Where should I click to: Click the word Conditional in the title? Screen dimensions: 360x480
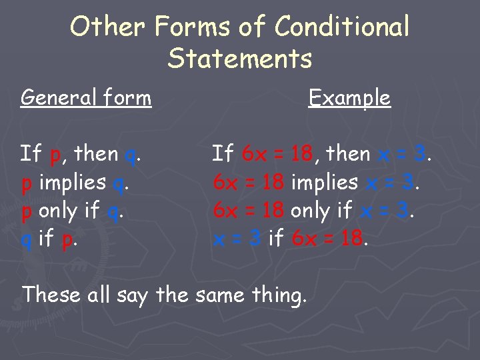pos(342,27)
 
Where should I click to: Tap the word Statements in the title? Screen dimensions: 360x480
pos(240,59)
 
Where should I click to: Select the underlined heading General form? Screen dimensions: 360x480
pos(86,98)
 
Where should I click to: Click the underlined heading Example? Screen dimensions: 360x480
pos(349,98)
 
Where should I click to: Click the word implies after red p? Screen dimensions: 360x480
pos(73,182)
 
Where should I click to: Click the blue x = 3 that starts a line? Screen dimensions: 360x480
pos(237,238)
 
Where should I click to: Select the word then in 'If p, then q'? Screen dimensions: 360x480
pos(96,154)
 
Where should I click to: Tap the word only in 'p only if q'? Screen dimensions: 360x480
pos(59,211)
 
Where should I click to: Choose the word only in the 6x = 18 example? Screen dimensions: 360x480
pos(311,211)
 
